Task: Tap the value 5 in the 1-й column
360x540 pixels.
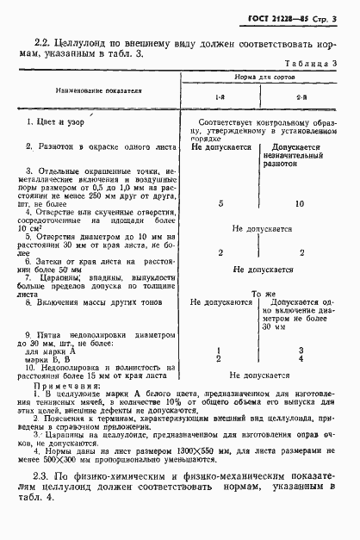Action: click(221, 204)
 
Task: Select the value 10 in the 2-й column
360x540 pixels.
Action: click(299, 204)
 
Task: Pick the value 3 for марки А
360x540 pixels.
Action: click(299, 350)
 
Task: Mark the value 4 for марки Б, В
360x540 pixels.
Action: click(299, 358)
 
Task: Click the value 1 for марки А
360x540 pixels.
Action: click(221, 350)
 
